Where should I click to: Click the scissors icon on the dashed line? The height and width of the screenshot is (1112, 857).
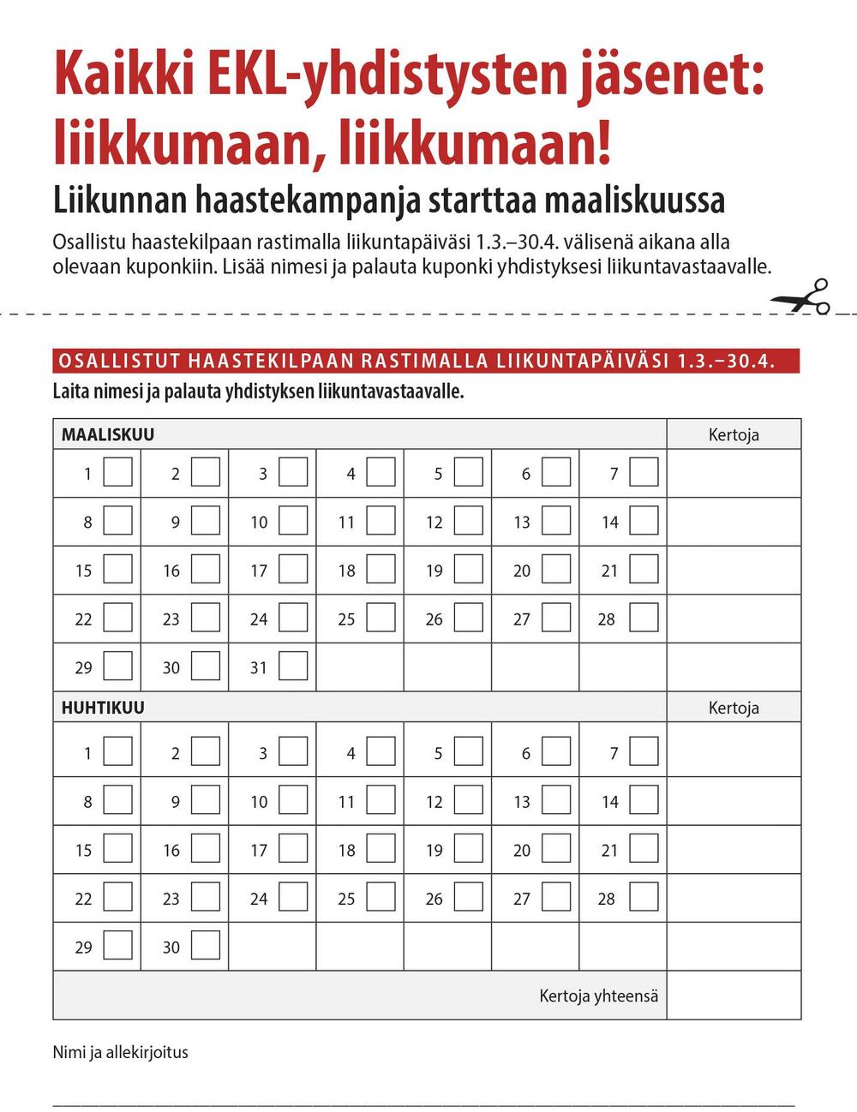(x=802, y=297)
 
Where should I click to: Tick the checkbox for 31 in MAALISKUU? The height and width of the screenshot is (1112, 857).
(x=293, y=666)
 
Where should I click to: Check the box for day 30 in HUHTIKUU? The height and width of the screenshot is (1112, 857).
(x=206, y=945)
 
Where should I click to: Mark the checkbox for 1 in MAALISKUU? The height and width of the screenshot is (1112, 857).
(x=118, y=472)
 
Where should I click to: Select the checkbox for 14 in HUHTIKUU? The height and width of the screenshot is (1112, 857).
(x=644, y=799)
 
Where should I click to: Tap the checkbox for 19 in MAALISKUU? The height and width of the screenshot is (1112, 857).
(x=469, y=569)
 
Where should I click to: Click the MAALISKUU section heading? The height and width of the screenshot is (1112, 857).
(x=108, y=434)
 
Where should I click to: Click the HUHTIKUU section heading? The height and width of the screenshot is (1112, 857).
(x=103, y=708)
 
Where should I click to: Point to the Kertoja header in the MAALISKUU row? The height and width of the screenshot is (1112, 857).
(x=734, y=434)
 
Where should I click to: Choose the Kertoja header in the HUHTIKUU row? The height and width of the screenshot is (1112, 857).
(x=734, y=708)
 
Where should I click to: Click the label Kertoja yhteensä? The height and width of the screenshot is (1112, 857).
(x=598, y=995)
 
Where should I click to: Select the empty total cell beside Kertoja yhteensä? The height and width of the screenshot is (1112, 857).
(x=734, y=995)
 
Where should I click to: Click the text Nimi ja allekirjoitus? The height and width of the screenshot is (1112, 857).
(x=120, y=1052)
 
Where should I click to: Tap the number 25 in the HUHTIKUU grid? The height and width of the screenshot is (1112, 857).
(x=346, y=899)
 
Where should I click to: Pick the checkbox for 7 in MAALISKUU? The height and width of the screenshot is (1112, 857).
(x=644, y=472)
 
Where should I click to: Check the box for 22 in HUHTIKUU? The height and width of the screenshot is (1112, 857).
(x=118, y=896)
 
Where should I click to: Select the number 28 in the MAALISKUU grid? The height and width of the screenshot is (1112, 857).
(x=607, y=619)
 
